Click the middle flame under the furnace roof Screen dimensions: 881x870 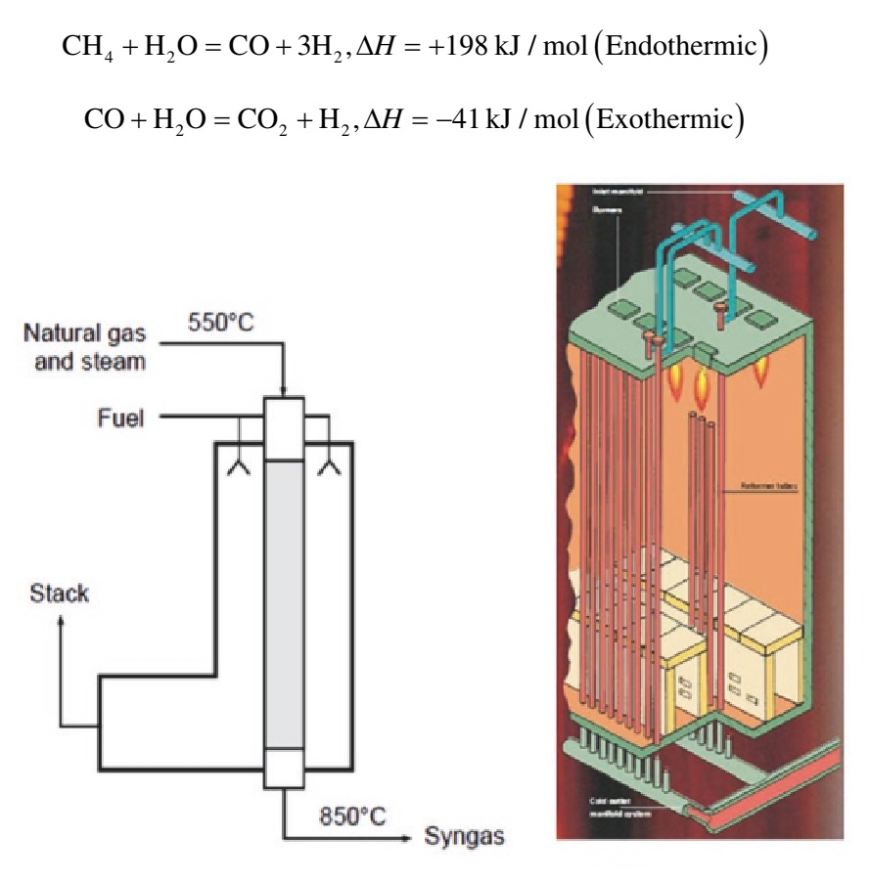point(701,388)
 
